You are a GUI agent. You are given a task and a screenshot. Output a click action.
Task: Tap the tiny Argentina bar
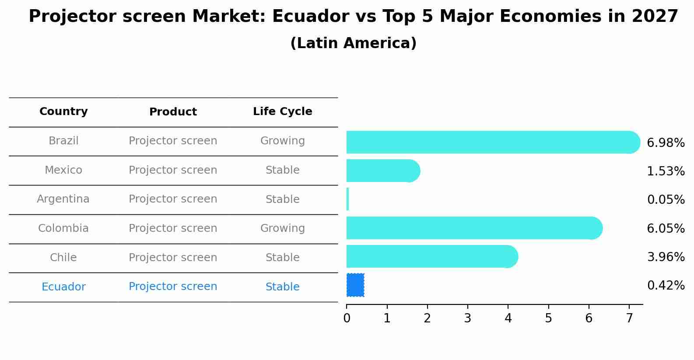(347, 199)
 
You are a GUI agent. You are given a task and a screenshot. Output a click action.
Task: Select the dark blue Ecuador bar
(355, 285)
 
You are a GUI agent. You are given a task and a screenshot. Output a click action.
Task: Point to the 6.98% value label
(666, 143)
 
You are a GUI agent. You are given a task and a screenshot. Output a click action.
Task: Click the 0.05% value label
(666, 200)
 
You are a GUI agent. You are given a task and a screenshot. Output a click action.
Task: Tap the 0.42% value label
(666, 286)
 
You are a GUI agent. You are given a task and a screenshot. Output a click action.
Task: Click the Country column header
(63, 112)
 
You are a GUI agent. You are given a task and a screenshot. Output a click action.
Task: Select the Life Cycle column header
(282, 112)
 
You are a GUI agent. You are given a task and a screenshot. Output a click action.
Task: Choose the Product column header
(173, 112)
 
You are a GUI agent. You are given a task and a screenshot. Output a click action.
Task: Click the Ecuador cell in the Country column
(63, 287)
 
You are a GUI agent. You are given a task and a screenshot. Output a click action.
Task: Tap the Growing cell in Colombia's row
(282, 228)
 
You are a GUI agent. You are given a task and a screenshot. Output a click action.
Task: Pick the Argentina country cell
(63, 199)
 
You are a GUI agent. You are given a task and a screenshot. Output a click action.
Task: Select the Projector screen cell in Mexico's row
(173, 170)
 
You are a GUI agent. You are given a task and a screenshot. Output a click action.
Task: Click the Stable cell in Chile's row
(282, 258)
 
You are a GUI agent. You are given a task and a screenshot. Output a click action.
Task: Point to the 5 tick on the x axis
(548, 318)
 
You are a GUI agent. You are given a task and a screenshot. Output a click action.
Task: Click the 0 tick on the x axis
(347, 318)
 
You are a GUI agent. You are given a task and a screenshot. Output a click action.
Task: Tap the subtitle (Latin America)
(353, 43)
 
